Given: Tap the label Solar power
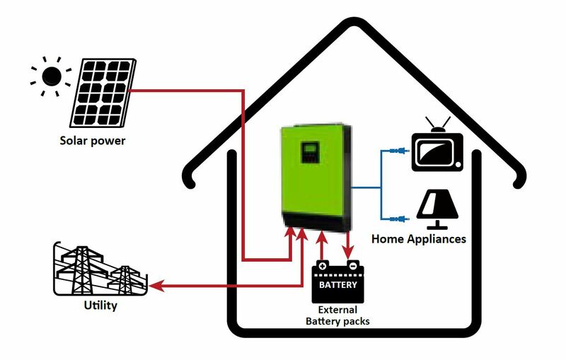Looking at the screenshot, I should [92, 141].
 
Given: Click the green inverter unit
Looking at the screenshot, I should [317, 180].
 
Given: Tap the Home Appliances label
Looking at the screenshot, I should [419, 239].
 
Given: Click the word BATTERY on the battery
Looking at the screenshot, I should [337, 286].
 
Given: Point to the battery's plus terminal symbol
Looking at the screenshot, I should [322, 267].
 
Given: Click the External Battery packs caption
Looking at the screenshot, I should [337, 315].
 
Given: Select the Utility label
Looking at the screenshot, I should [100, 306].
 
